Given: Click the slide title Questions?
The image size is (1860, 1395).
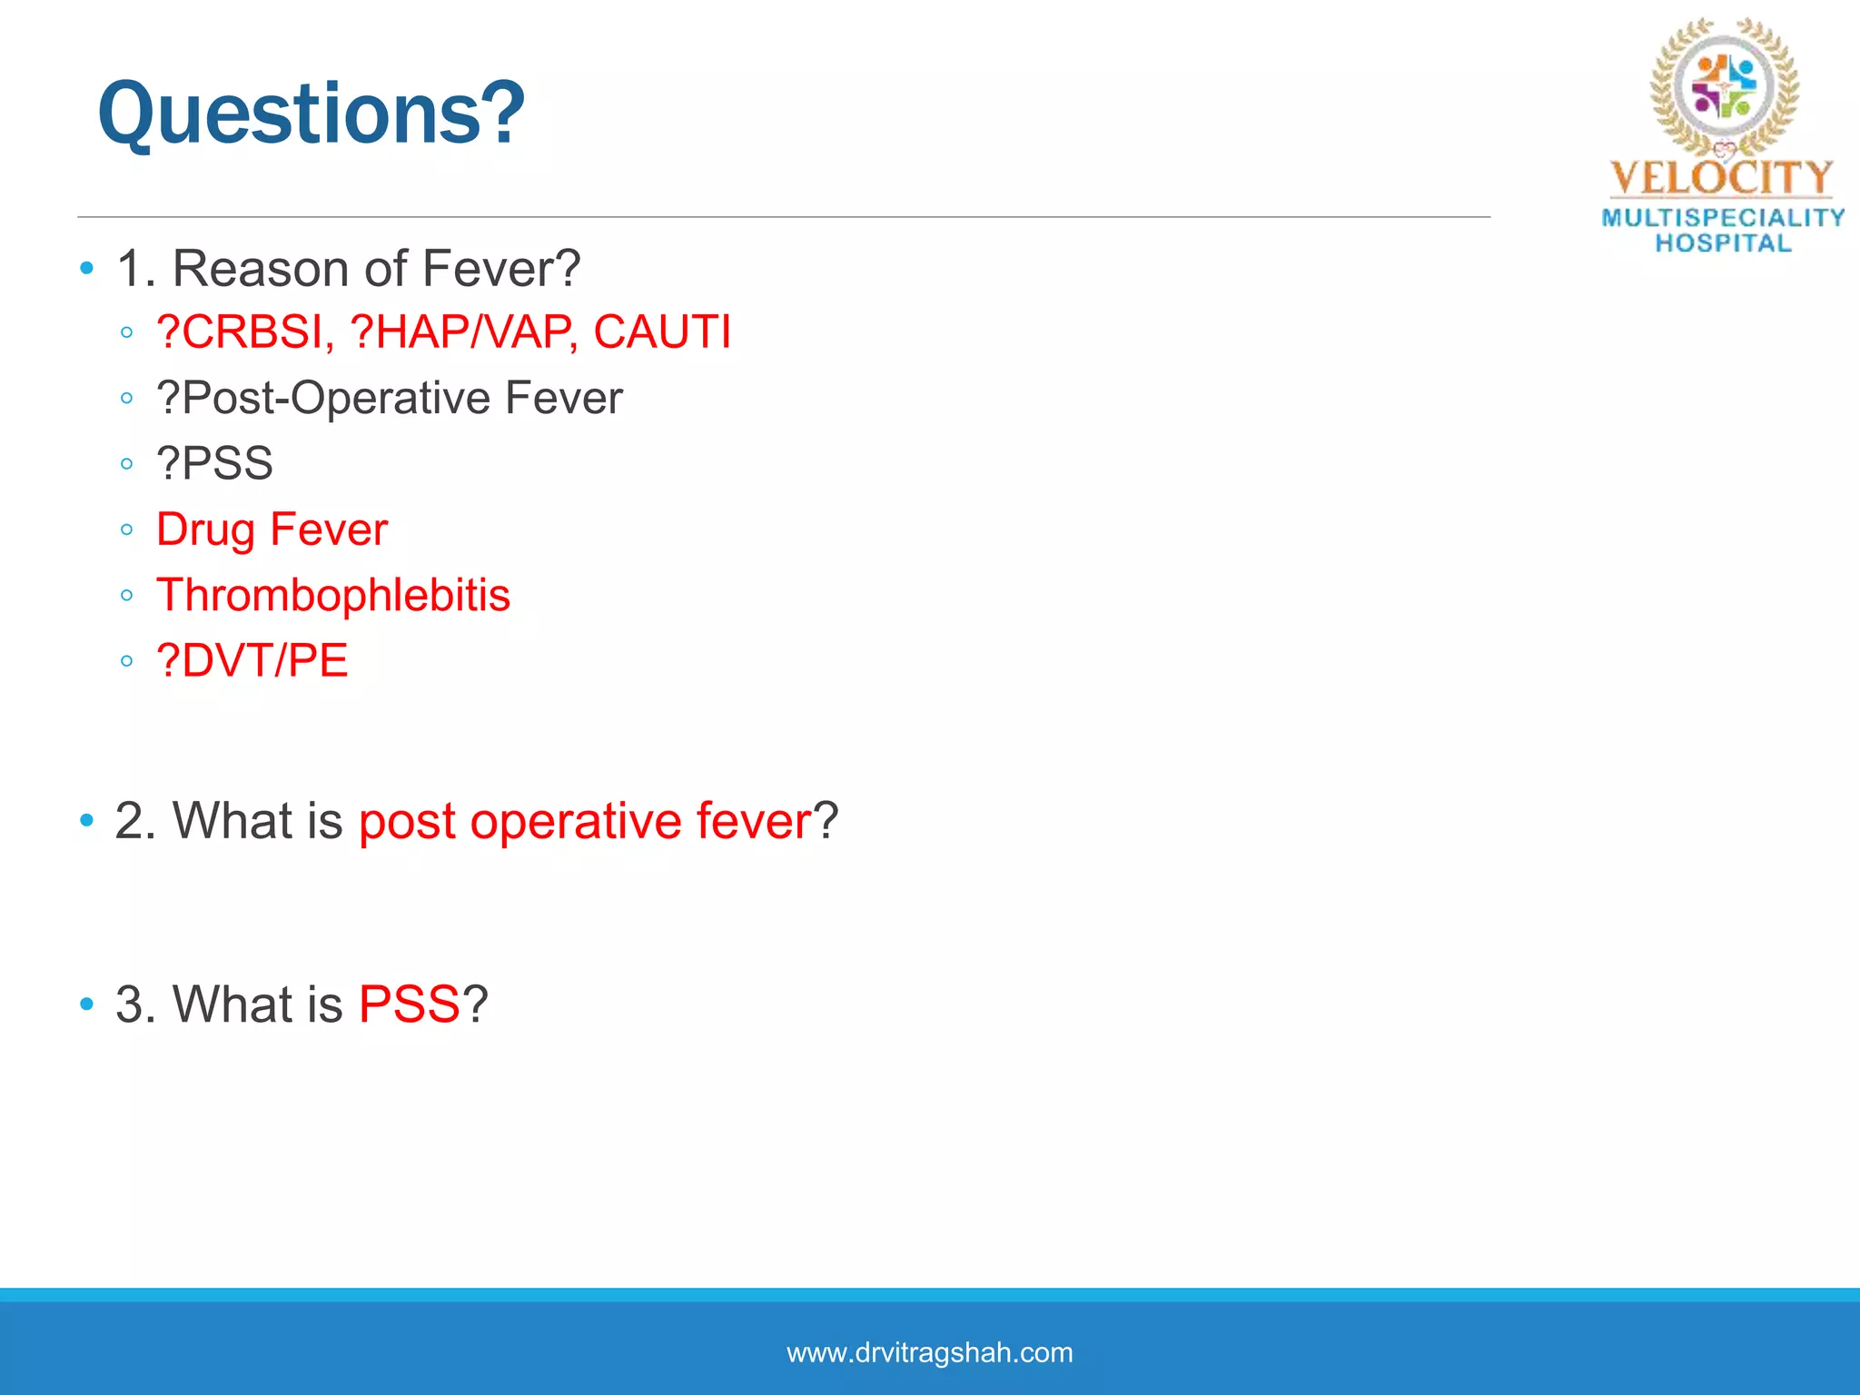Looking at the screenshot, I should pos(311,113).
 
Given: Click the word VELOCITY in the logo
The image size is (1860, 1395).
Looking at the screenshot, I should pos(1721,178).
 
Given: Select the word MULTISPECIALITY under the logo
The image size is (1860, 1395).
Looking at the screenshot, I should pos(1723,218).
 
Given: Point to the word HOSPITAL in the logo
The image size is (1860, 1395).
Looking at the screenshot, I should pos(1723,243).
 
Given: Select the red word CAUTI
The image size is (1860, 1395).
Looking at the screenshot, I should pos(661,331).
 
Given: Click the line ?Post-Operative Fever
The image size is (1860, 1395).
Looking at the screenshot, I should pos(389,398).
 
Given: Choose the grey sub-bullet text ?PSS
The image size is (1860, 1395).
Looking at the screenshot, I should pos(214,463).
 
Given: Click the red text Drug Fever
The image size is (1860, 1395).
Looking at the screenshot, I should pos(272,529).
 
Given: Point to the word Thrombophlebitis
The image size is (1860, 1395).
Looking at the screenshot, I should pos(333,595).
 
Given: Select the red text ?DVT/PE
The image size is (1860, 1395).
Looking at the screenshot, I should pos(252,660).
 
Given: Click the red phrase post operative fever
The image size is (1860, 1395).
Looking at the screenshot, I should pos(585,821).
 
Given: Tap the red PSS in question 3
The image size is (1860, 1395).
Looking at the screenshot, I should pos(409,1004).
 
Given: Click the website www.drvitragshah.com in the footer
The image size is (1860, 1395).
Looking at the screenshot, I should pos(929,1352).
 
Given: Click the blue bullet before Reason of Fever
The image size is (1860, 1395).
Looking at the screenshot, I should pos(87,268).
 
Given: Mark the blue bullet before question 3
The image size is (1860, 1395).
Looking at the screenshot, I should pos(87,1004).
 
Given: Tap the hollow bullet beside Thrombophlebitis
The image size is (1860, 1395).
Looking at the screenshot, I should pos(126,596).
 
